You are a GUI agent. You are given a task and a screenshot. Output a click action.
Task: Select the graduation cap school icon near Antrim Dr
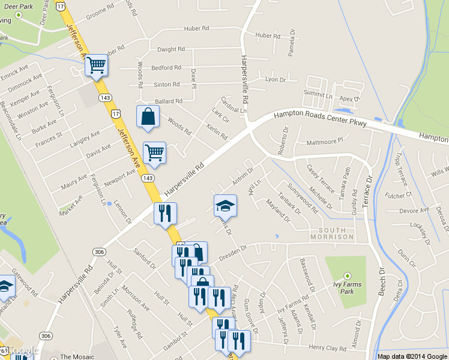tap(225, 205)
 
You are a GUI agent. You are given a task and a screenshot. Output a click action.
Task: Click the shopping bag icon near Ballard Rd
tap(148, 118)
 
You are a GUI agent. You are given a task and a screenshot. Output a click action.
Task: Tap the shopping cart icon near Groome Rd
tap(96, 65)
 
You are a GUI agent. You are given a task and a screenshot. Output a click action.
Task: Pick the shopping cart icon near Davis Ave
tap(155, 153)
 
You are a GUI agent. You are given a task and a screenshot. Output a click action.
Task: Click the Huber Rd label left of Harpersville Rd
tap(196, 28)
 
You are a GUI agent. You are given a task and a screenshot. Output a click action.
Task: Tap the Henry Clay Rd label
tap(328, 347)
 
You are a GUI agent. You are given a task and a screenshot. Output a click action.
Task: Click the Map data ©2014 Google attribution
tap(412, 356)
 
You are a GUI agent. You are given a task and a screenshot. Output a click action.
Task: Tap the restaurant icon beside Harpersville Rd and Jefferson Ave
tap(164, 214)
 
